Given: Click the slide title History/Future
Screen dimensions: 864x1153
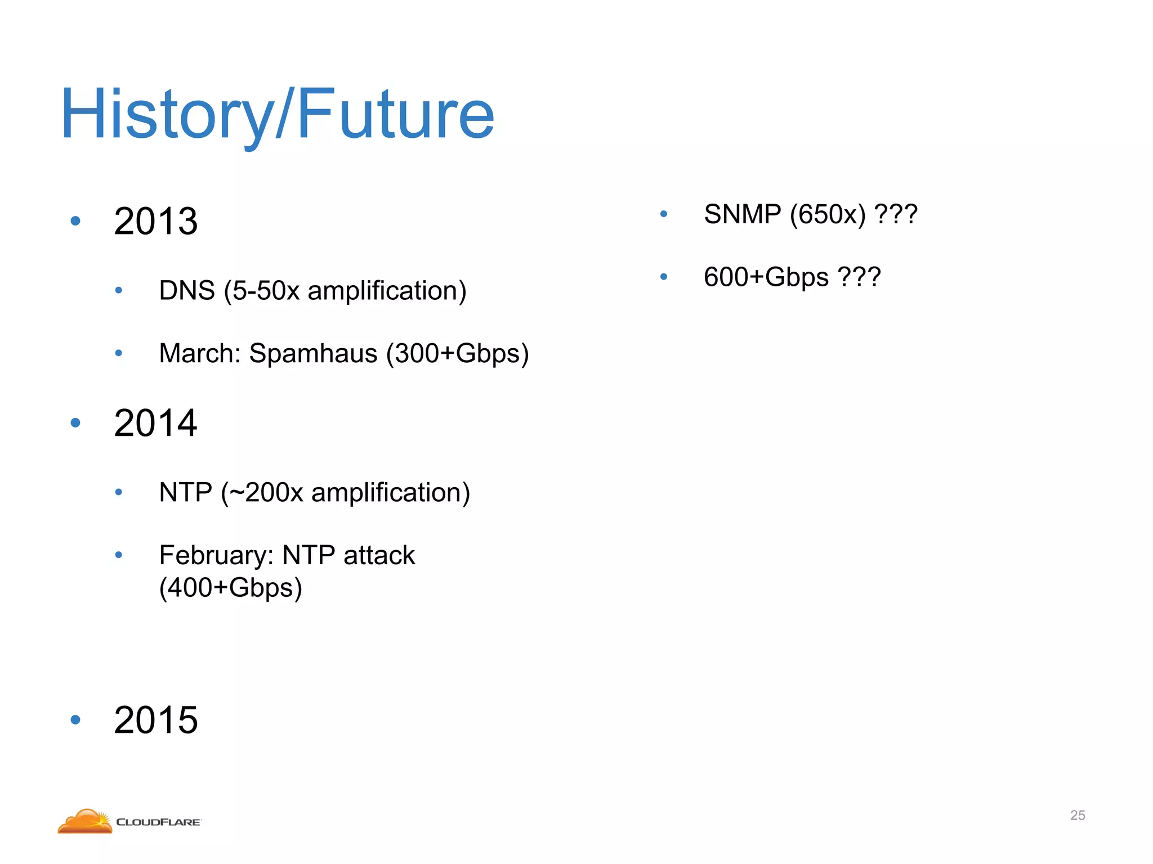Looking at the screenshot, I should (x=277, y=115).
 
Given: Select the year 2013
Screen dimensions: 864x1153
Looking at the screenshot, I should (x=155, y=221).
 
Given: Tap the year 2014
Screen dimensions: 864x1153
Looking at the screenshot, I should (x=155, y=423).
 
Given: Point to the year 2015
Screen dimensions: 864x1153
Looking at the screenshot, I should (x=155, y=720).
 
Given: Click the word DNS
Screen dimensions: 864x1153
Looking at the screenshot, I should (x=187, y=291).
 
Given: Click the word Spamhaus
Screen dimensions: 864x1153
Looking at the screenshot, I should (x=313, y=354).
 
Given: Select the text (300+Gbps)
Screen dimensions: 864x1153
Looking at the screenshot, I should (x=457, y=354).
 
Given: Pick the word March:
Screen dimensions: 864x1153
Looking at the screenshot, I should (x=200, y=354).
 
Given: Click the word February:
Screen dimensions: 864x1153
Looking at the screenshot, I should (x=216, y=556).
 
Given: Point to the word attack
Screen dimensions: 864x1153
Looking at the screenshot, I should (x=379, y=556).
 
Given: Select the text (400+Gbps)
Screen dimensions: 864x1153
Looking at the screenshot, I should (x=231, y=588).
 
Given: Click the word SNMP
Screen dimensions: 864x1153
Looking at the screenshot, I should (x=743, y=214).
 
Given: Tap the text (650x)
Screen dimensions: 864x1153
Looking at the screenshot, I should (x=828, y=214).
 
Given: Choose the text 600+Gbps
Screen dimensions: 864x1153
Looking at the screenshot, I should (x=766, y=277).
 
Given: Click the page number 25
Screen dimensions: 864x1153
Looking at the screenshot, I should (x=1077, y=815).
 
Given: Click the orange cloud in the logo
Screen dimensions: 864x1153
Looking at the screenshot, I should (x=84, y=822).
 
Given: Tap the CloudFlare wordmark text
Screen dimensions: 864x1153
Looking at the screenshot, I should (x=158, y=822).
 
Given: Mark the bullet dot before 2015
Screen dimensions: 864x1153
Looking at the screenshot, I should (x=75, y=720).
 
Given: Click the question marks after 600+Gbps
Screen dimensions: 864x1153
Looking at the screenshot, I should (x=859, y=277).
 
